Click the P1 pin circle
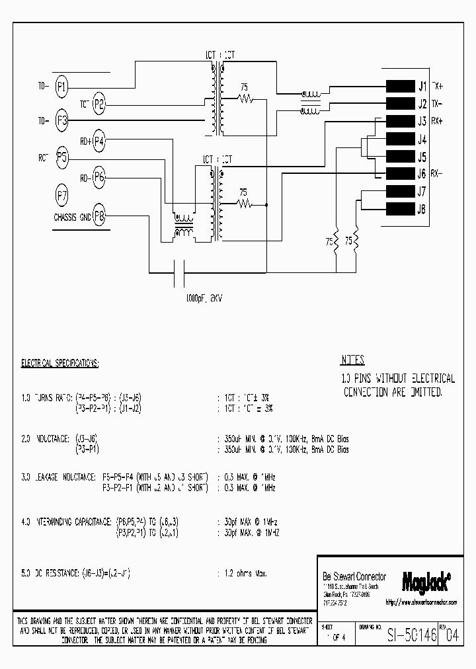click(x=61, y=85)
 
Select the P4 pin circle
click(x=99, y=140)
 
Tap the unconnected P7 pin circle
click(x=61, y=196)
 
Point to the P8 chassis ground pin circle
click(x=99, y=216)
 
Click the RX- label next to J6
click(x=437, y=175)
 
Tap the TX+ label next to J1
click(x=438, y=86)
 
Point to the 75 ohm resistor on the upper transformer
click(x=246, y=99)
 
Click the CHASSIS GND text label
click(x=72, y=217)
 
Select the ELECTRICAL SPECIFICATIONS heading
click(x=60, y=364)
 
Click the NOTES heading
click(x=352, y=360)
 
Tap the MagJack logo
click(x=426, y=580)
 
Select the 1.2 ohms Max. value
click(x=243, y=574)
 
